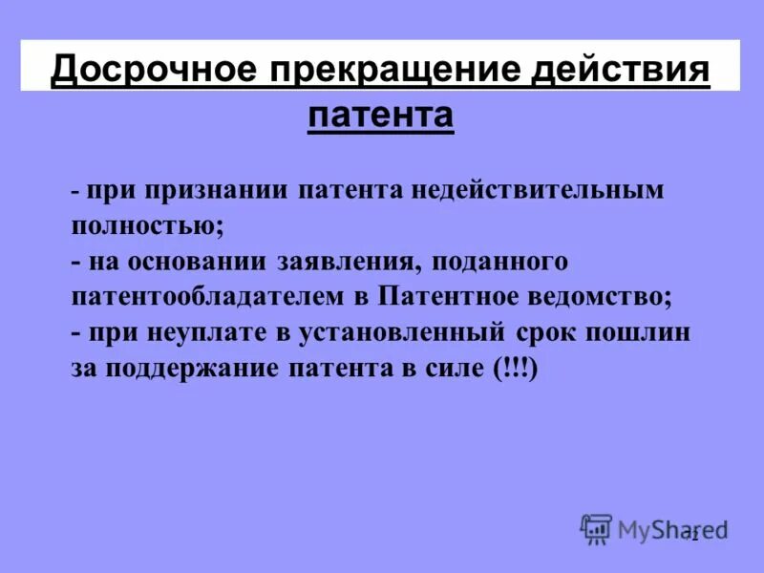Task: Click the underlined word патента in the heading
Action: [x=380, y=115]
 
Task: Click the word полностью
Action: [x=148, y=224]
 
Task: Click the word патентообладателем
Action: [x=207, y=297]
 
